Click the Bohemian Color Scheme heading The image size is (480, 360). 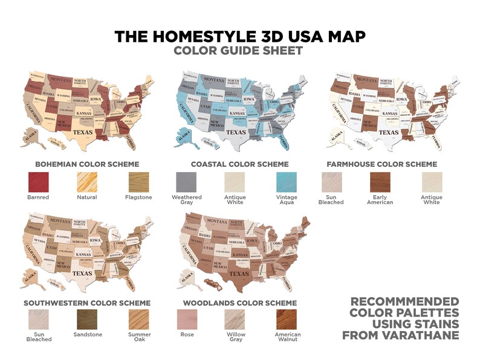pyautogui.click(x=87, y=164)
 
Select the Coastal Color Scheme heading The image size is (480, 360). pyautogui.click(x=239, y=164)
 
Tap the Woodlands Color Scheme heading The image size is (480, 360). pyautogui.click(x=241, y=303)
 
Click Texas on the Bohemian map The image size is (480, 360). pyautogui.click(x=83, y=129)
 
